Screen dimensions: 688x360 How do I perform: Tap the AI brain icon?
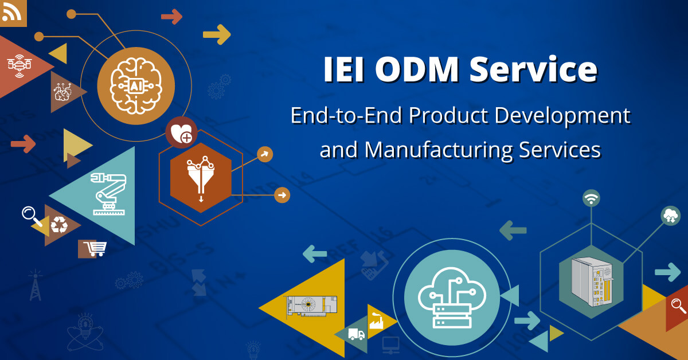coord(136,86)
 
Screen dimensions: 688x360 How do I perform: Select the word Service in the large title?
coord(534,69)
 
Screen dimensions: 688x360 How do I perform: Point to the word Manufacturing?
coord(439,150)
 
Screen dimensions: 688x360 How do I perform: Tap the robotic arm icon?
coord(109,194)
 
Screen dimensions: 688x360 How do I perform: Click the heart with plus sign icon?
coord(182,132)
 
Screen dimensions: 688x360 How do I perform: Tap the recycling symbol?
coord(59,225)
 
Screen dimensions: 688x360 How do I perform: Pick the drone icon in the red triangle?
coord(19,65)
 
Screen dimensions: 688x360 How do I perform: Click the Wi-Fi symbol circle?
coord(591,198)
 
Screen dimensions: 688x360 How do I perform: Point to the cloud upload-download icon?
coord(670,216)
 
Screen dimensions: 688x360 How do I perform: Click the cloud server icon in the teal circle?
coord(452,298)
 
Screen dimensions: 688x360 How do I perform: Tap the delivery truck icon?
coord(356,334)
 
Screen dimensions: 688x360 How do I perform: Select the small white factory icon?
coord(376,320)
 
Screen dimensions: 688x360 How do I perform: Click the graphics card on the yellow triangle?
coord(311,306)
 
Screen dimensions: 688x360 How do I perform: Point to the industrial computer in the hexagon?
coord(592,281)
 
